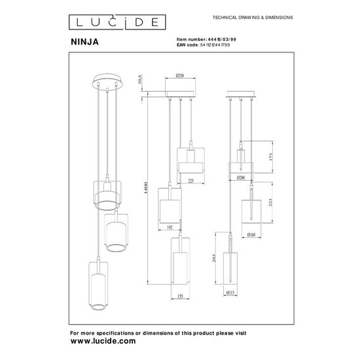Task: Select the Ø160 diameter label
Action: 251,233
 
